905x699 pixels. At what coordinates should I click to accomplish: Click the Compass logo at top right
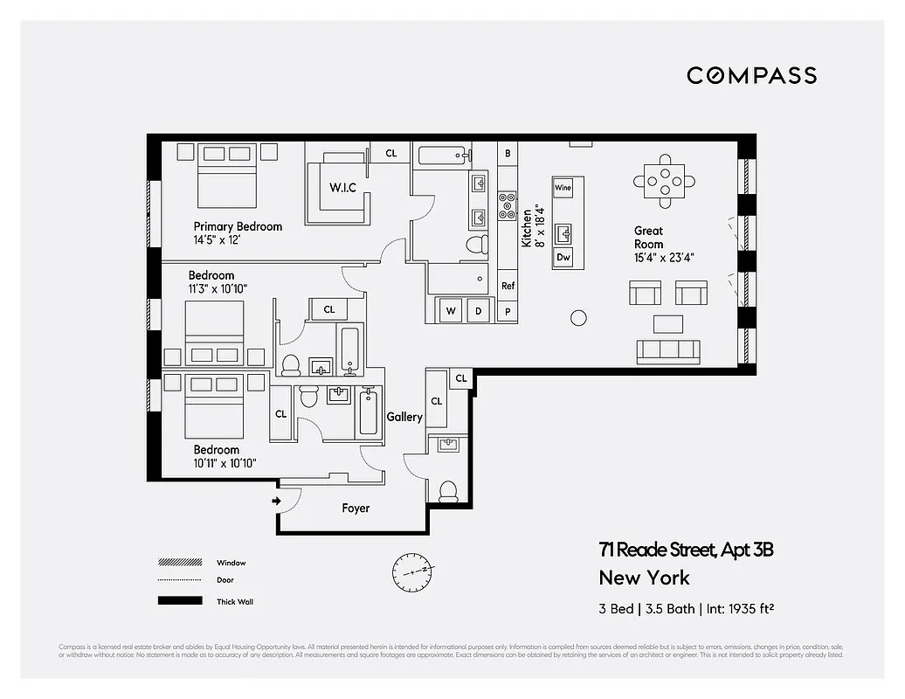click(x=751, y=75)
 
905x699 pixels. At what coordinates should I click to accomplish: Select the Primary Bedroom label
click(x=238, y=226)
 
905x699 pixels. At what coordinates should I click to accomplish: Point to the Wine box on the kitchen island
click(x=563, y=188)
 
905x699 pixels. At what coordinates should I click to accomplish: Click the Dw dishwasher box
click(x=563, y=257)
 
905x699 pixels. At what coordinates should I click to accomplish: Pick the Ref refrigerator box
click(x=508, y=286)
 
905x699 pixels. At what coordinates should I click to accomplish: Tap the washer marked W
click(x=452, y=310)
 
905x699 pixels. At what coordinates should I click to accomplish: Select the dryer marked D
click(x=478, y=310)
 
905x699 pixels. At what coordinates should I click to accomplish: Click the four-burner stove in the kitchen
click(x=508, y=204)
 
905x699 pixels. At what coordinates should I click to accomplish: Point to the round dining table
click(x=666, y=181)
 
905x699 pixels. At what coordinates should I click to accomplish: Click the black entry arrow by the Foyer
click(x=277, y=501)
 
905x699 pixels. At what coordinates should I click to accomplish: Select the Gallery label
click(x=404, y=417)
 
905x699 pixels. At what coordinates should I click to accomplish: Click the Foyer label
click(x=356, y=508)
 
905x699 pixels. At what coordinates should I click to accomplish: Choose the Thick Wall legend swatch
click(x=178, y=601)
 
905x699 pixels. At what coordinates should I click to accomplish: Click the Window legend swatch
click(x=178, y=563)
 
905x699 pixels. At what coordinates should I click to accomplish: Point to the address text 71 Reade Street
click(x=686, y=550)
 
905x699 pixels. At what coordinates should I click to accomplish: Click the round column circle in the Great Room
click(x=578, y=318)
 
